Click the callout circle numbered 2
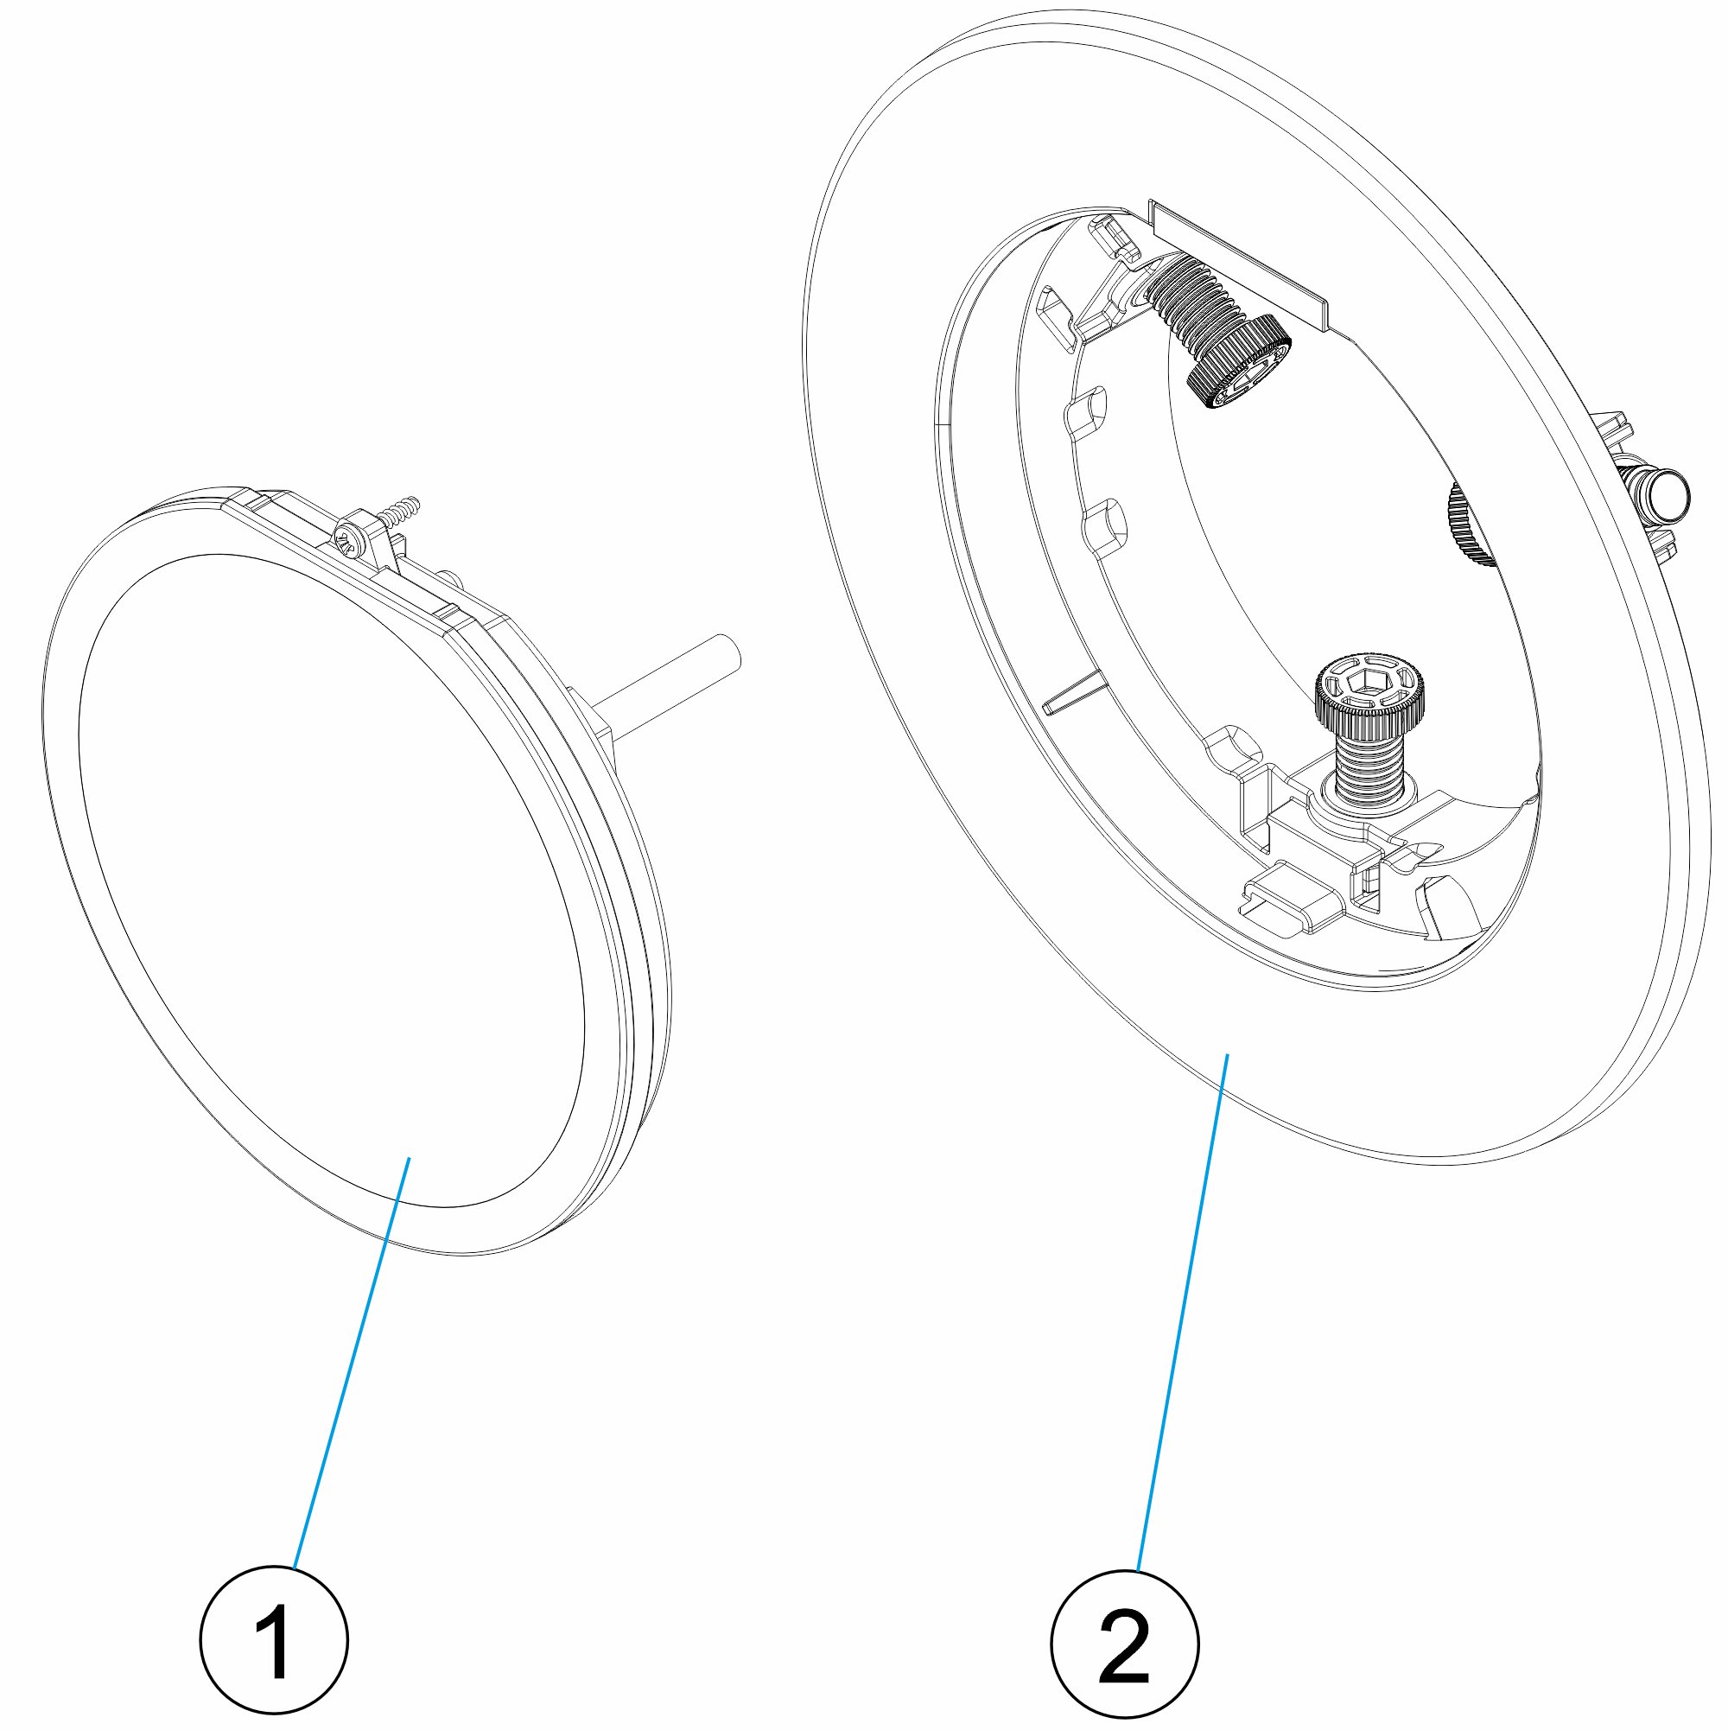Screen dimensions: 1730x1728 (x=1125, y=1645)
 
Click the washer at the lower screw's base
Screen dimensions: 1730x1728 (x=1367, y=801)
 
